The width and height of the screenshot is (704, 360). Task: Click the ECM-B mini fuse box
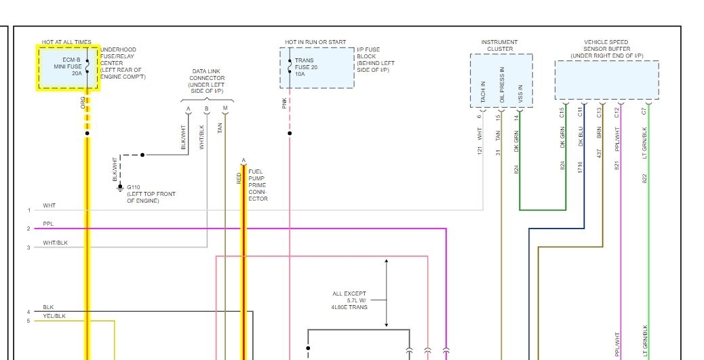(x=68, y=67)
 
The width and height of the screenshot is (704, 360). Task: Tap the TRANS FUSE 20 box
(x=317, y=67)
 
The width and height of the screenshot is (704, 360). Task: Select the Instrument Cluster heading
(x=499, y=45)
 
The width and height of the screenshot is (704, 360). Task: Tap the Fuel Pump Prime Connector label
(x=258, y=185)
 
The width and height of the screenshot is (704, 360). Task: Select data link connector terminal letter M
(x=225, y=109)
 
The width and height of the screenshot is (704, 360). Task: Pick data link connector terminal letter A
(x=188, y=109)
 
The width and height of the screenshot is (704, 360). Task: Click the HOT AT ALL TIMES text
(x=66, y=43)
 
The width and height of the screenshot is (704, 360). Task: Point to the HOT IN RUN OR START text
(x=315, y=43)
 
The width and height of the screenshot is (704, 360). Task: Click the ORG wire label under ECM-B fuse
(x=83, y=102)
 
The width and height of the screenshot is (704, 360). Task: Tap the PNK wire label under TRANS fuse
(x=285, y=102)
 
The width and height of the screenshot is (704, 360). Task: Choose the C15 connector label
(x=562, y=112)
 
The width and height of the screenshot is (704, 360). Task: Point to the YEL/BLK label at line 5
(x=54, y=316)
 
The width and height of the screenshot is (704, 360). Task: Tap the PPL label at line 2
(x=48, y=223)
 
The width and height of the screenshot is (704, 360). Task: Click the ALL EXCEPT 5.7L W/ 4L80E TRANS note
(x=349, y=300)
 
